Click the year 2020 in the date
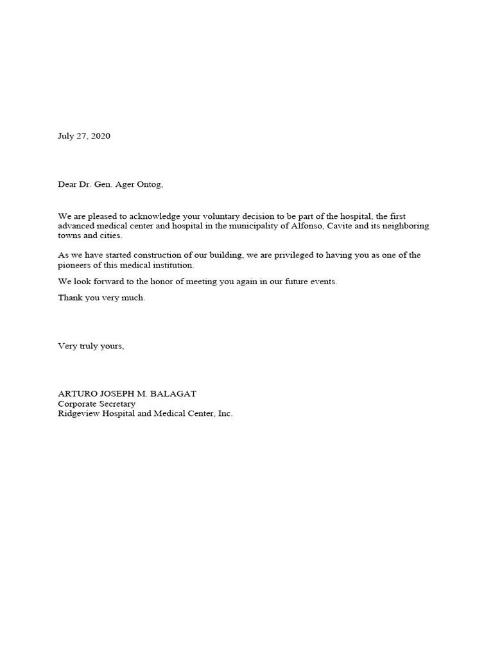100,136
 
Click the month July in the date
66,136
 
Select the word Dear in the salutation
68,185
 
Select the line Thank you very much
101,298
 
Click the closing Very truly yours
91,346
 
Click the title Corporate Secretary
96,404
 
